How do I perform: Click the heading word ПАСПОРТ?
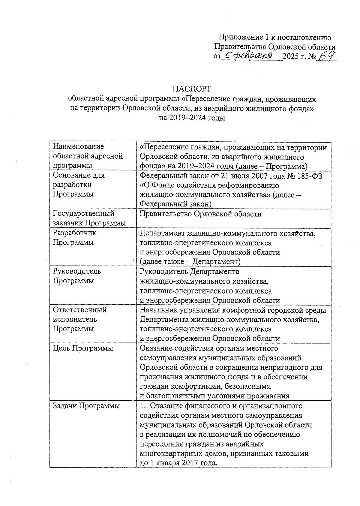(192, 89)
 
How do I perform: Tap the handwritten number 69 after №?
(326, 56)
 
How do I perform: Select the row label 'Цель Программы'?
(83, 348)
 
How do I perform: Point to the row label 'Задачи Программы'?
(86, 406)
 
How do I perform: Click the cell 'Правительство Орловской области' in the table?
(201, 214)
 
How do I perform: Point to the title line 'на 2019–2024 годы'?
(192, 118)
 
